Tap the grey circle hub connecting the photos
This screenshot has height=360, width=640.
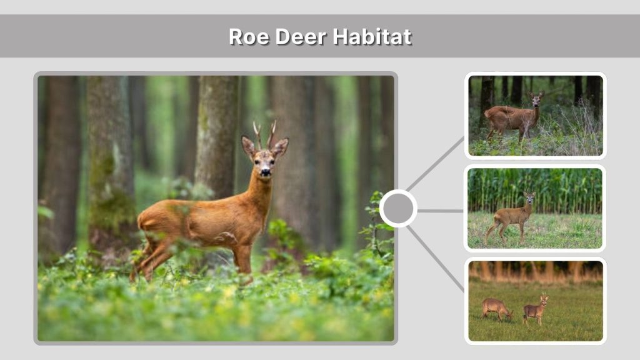click(x=398, y=208)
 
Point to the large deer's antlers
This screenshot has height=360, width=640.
click(x=264, y=133)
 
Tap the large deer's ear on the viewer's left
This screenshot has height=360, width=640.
click(x=249, y=146)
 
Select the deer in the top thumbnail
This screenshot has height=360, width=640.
click(x=512, y=116)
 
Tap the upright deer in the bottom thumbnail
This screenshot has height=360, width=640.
click(x=534, y=309)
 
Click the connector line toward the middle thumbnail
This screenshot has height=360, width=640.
click(x=440, y=211)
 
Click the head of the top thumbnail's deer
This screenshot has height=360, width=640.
click(x=536, y=98)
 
